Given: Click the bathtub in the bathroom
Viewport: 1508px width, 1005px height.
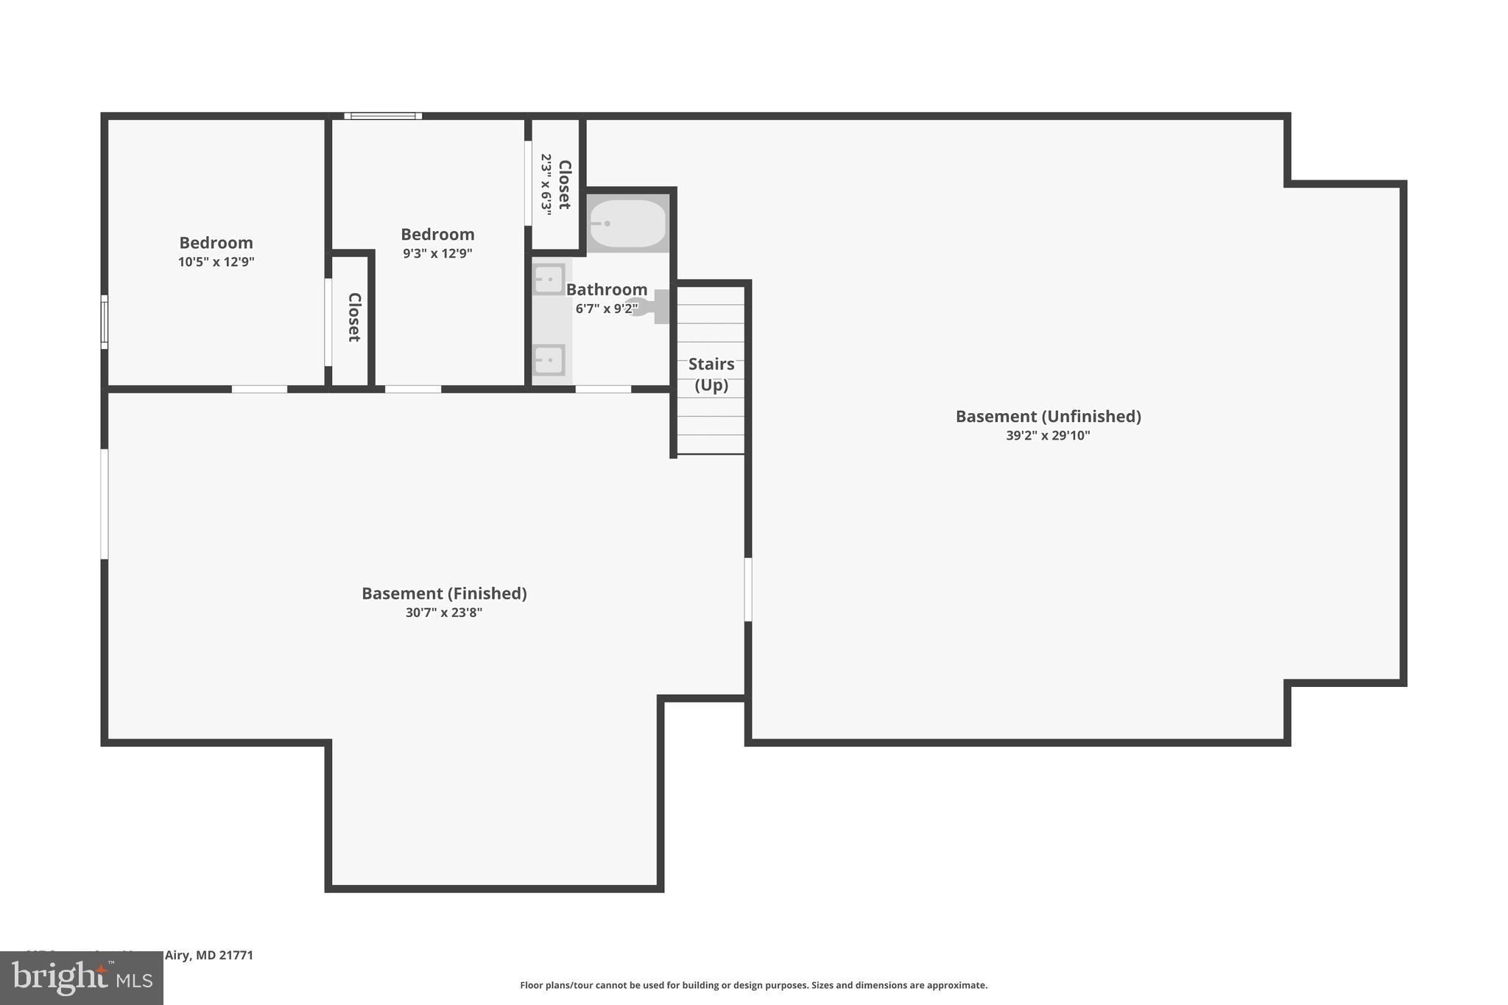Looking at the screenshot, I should pyautogui.click(x=627, y=223).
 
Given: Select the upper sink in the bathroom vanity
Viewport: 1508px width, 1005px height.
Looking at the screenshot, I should pyautogui.click(x=549, y=280).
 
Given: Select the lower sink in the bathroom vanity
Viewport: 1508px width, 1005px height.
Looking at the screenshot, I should pyautogui.click(x=549, y=360).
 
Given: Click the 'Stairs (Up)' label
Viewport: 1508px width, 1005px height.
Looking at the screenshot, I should pyautogui.click(x=711, y=374).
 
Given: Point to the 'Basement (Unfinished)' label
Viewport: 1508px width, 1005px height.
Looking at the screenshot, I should pyautogui.click(x=1048, y=416).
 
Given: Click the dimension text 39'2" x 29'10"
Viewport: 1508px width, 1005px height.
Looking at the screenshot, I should pyautogui.click(x=1048, y=435).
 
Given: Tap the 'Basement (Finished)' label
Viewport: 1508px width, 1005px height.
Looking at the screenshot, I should pyautogui.click(x=444, y=593).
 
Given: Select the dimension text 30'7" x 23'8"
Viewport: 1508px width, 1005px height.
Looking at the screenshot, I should pyautogui.click(x=444, y=613).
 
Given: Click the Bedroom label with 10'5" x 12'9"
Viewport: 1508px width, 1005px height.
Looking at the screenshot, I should pyautogui.click(x=216, y=243).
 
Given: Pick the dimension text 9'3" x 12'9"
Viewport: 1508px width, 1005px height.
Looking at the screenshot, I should pyautogui.click(x=437, y=253).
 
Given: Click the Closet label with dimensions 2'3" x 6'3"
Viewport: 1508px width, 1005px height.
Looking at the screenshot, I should pyautogui.click(x=565, y=184).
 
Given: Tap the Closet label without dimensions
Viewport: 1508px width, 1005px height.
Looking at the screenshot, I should pyautogui.click(x=353, y=317).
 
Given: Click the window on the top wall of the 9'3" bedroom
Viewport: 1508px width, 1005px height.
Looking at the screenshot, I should pyautogui.click(x=383, y=116).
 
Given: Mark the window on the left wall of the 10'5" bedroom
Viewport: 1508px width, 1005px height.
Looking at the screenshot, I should pyautogui.click(x=105, y=322).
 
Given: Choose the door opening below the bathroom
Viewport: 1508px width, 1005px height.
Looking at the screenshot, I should pyautogui.click(x=603, y=389).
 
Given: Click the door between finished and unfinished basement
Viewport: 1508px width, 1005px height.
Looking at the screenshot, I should pyautogui.click(x=748, y=590).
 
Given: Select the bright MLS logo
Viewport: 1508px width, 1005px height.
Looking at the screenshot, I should pyautogui.click(x=82, y=978).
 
